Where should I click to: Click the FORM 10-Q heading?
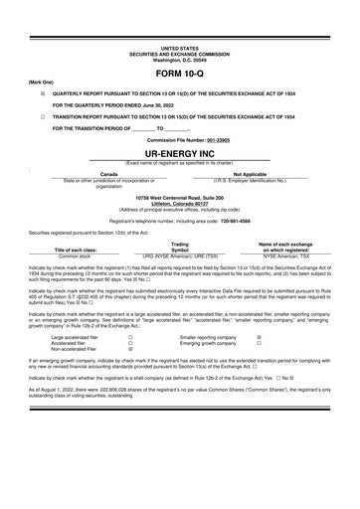pyautogui.click(x=180, y=75)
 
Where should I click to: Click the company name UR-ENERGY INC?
pyautogui.click(x=180, y=155)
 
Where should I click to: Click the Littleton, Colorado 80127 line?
pyautogui.click(x=180, y=204)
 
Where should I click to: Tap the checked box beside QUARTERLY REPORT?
pyautogui.click(x=42, y=90)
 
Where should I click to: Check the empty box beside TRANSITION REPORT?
pyautogui.click(x=42, y=115)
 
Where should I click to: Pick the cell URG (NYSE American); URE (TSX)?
pyautogui.click(x=180, y=254)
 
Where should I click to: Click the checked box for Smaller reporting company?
pyautogui.click(x=260, y=338)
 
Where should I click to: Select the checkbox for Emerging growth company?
pyautogui.click(x=260, y=344)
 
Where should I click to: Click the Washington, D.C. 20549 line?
pyautogui.click(x=180, y=61)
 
